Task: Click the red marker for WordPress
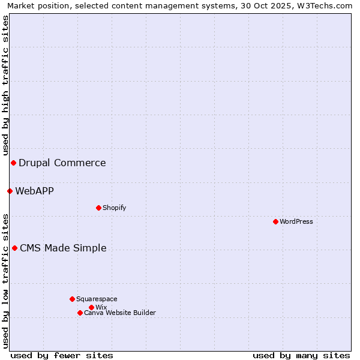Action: coord(275,221)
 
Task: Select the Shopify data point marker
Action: coord(98,208)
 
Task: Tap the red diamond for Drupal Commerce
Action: coord(13,163)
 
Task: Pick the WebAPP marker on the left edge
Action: coord(10,191)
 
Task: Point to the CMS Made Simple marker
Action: coord(14,248)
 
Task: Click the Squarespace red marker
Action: coord(72,299)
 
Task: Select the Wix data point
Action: coord(91,307)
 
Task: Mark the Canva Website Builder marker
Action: coord(80,313)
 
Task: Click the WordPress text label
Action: coord(296,221)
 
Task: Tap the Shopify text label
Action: coord(114,208)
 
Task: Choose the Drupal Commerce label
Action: coord(62,163)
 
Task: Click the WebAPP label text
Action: coord(34,191)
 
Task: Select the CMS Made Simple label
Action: coord(63,248)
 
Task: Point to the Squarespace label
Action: coord(97,299)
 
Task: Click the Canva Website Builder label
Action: coord(120,313)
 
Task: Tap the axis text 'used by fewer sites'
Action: coord(62,355)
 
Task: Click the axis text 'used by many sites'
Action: coord(301,355)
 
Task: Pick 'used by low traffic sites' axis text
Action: coord(5,280)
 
